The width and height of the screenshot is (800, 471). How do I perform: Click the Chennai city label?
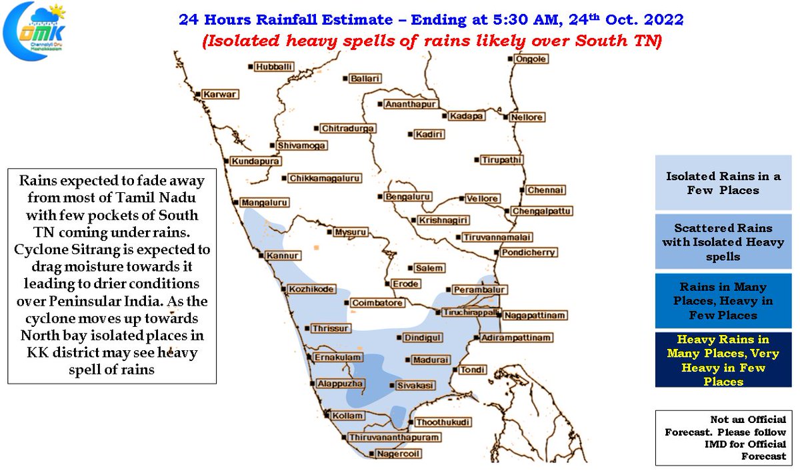tap(546, 190)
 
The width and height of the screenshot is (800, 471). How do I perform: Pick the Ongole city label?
tap(531, 59)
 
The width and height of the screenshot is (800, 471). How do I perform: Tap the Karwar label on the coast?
tap(220, 95)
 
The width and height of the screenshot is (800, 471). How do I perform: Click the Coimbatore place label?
tap(377, 303)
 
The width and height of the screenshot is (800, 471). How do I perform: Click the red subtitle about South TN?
tap(431, 41)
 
